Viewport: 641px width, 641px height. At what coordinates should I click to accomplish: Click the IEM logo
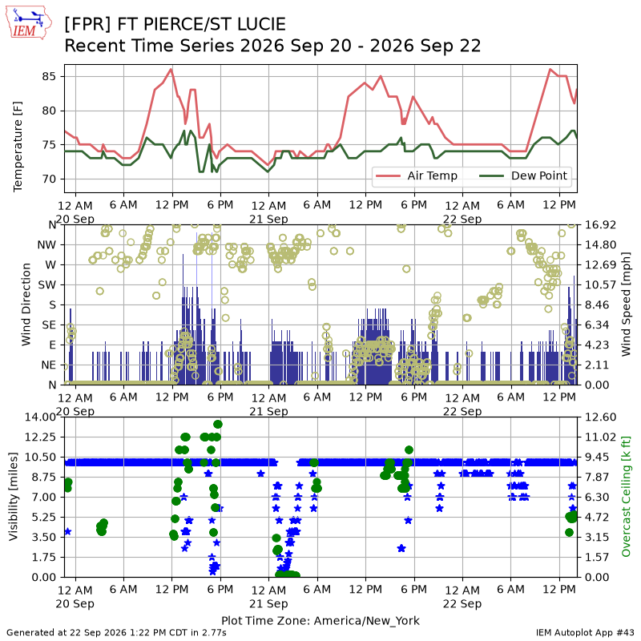[x=29, y=23]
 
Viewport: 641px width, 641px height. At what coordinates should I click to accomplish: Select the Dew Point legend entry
[x=523, y=175]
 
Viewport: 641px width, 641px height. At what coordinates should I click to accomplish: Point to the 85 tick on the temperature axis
[x=49, y=76]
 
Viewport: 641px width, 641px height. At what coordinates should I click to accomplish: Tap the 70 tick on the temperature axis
[x=49, y=179]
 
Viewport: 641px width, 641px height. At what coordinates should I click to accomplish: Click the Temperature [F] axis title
[x=18, y=147]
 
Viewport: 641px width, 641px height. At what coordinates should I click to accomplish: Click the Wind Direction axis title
[x=26, y=304]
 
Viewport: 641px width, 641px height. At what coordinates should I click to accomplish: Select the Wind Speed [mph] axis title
[x=626, y=304]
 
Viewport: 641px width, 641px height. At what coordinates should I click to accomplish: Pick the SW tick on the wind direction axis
[x=47, y=285]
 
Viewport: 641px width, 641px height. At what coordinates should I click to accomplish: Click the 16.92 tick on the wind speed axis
[x=600, y=225]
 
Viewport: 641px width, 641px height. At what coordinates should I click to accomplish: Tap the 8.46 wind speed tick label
[x=597, y=305]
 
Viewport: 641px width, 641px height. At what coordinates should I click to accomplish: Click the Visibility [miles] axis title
[x=14, y=497]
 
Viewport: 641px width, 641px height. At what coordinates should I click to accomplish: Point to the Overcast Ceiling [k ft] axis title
[x=626, y=497]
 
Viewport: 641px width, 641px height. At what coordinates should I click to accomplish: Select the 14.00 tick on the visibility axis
[x=41, y=417]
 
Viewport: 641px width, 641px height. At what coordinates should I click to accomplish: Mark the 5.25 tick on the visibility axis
[x=44, y=517]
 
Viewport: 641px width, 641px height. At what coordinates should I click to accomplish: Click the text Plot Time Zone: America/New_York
[x=320, y=620]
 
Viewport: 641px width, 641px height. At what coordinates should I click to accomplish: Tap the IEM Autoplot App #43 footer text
[x=585, y=633]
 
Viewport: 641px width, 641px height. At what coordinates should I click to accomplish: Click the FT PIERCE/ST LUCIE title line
[x=175, y=24]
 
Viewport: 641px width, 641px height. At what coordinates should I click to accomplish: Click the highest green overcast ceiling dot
[x=218, y=425]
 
